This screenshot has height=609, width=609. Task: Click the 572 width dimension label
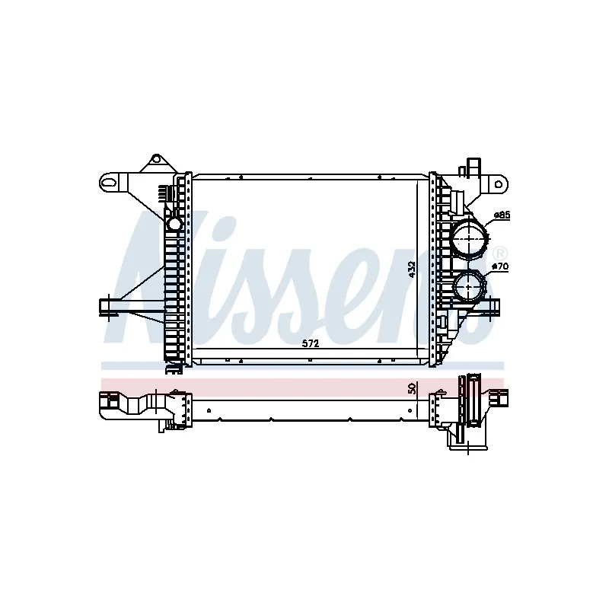310,343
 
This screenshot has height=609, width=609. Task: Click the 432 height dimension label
412,269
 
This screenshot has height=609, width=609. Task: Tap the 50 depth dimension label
412,387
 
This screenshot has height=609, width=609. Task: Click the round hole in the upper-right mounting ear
499,182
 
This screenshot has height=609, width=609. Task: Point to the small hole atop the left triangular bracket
156,159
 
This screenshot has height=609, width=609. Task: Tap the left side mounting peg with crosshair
112,306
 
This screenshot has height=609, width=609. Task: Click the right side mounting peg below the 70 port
492,306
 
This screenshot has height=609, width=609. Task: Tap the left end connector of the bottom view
114,403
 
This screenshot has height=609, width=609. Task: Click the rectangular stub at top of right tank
473,168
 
